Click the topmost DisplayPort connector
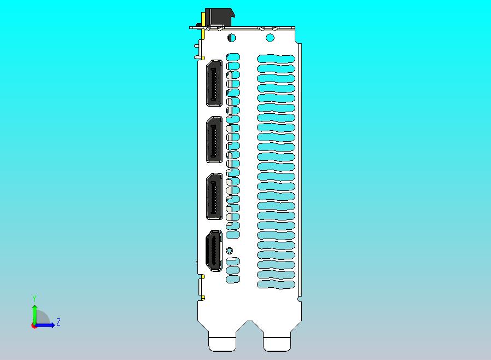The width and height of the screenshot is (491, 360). click(214, 83)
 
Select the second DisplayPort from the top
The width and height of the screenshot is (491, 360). click(214, 140)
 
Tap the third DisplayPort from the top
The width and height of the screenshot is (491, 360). click(214, 196)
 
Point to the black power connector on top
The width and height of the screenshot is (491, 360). click(219, 18)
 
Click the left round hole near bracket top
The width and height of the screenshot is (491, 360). click(231, 38)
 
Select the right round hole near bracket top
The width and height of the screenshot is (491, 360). click(270, 38)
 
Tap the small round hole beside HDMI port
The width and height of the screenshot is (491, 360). click(230, 251)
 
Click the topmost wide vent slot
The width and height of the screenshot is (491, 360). click(276, 59)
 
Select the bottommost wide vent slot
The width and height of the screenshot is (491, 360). click(276, 284)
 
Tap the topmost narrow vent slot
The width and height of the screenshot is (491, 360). click(233, 57)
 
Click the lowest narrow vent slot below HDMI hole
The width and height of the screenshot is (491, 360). click(233, 279)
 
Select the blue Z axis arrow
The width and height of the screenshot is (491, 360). click(46, 325)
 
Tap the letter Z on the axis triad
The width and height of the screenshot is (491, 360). click(59, 322)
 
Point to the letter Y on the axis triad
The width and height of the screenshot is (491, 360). click(34, 298)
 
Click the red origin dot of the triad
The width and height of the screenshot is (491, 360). click(34, 326)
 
